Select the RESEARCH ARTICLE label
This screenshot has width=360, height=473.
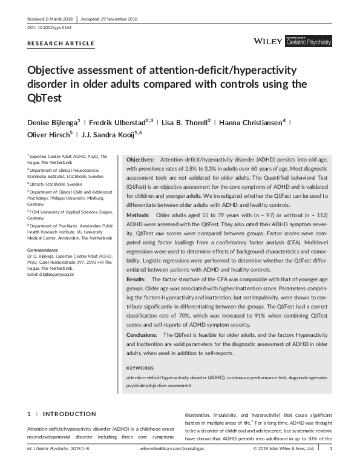[61, 44]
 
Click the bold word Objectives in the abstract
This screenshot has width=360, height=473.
[140, 158]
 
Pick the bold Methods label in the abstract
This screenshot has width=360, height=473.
[139, 215]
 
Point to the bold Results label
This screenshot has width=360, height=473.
[137, 279]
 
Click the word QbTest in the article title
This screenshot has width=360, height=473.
[47, 96]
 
